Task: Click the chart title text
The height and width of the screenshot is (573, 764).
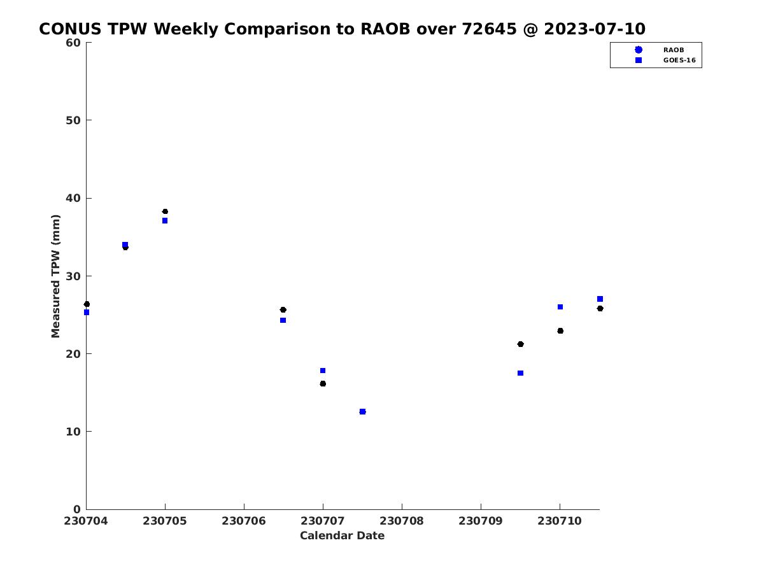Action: click(x=342, y=29)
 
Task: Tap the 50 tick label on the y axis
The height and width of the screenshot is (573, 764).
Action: click(x=73, y=120)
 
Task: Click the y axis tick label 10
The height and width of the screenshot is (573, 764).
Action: click(x=73, y=432)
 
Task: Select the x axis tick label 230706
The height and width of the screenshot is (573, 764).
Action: click(x=244, y=521)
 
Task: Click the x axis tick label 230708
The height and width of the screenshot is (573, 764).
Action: click(x=402, y=521)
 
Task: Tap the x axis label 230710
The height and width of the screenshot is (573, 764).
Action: click(x=560, y=521)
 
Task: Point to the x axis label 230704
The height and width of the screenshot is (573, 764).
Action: click(x=86, y=521)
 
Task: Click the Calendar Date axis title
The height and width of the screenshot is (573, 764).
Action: click(x=342, y=536)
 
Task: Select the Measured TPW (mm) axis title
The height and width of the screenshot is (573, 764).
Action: click(x=55, y=276)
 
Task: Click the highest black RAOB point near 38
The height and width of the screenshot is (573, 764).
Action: click(x=165, y=211)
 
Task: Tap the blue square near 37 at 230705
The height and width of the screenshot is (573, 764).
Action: click(x=165, y=220)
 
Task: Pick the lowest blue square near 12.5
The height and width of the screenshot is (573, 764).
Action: click(x=362, y=411)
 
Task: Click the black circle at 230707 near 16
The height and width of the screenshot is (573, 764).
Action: click(x=323, y=384)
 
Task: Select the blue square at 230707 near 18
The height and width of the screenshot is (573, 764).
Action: click(x=323, y=371)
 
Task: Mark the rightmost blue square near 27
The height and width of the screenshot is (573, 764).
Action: click(x=600, y=299)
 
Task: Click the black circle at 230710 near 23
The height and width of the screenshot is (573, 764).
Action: click(x=560, y=331)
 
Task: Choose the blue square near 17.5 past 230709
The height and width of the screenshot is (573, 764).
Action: click(x=520, y=373)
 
